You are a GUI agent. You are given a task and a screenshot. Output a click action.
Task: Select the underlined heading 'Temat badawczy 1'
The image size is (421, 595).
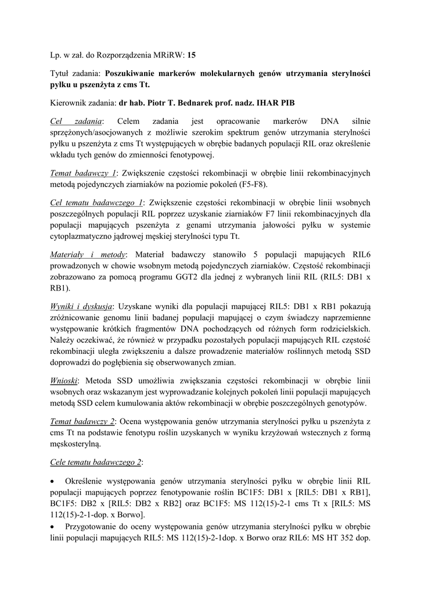tap(84, 173)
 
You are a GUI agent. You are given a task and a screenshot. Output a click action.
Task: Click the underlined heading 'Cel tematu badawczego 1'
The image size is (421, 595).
tap(97, 202)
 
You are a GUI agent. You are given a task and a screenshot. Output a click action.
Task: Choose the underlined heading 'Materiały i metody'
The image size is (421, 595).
tap(88, 255)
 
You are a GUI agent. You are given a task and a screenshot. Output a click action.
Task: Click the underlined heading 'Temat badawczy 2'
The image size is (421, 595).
tap(84, 421)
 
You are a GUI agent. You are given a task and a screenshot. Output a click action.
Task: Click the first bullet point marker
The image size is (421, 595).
tap(53, 482)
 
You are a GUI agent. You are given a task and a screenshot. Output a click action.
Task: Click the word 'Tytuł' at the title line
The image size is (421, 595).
tap(62, 74)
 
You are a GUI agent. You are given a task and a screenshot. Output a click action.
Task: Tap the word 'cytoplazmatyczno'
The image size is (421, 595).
tap(85, 236)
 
